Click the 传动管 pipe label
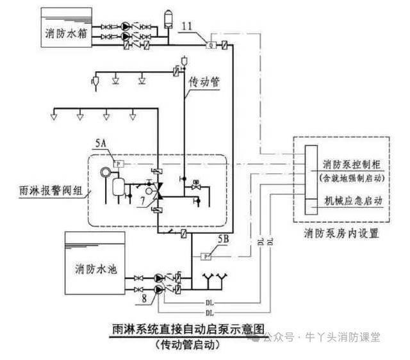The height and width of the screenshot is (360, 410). (205, 82)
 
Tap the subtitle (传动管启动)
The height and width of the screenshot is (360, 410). (188, 345)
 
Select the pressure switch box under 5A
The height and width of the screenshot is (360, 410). (117, 163)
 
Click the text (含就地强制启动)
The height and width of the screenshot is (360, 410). (352, 176)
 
